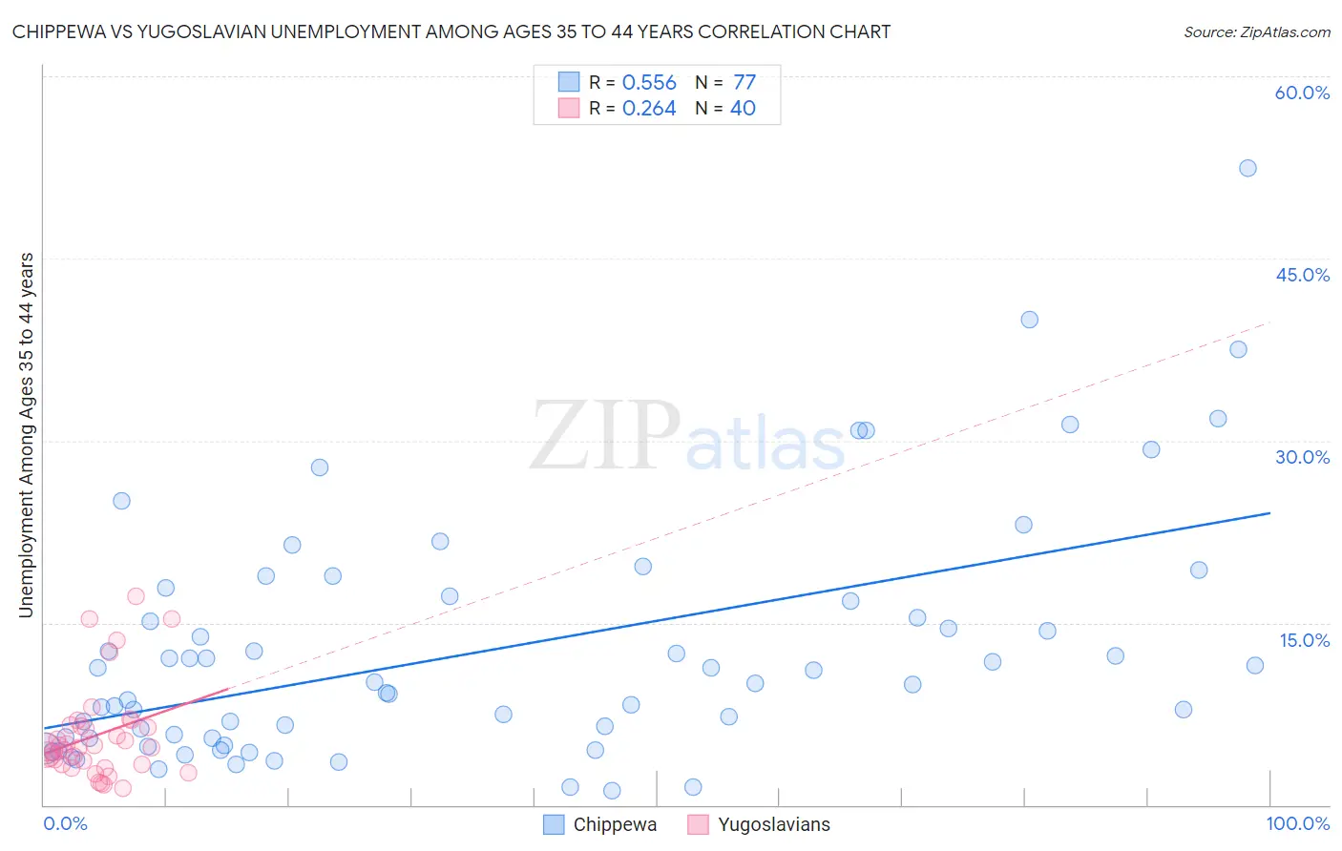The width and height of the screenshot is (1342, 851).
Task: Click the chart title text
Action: (x=451, y=31)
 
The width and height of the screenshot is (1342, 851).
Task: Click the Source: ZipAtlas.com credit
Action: (x=1256, y=31)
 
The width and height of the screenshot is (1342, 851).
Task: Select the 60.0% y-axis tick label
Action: (x=1302, y=93)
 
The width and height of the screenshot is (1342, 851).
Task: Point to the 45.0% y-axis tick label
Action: (x=1302, y=275)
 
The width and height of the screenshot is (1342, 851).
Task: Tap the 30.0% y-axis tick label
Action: (x=1302, y=457)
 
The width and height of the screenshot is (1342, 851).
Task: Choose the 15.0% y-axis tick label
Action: (x=1304, y=640)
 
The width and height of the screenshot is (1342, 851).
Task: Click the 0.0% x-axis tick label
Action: (x=66, y=823)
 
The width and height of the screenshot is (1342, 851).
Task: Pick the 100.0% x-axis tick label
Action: (x=1297, y=823)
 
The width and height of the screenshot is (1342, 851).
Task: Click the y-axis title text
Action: (x=26, y=435)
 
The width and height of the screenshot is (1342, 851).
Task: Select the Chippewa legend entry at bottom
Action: (x=600, y=824)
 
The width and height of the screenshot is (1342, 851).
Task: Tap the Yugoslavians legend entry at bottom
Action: (x=759, y=824)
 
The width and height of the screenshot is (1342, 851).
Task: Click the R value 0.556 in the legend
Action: (x=649, y=83)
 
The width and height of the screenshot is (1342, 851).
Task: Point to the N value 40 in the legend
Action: (x=743, y=109)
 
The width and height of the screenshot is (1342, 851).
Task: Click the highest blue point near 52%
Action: (x=1248, y=168)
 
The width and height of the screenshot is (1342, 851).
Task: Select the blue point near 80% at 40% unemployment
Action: (x=1029, y=320)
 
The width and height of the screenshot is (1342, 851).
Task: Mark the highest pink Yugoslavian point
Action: (x=136, y=596)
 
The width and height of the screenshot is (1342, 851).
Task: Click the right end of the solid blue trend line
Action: (x=1270, y=513)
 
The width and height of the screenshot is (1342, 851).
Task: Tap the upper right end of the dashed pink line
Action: (x=1270, y=322)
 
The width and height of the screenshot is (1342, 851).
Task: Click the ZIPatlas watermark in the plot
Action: (x=687, y=437)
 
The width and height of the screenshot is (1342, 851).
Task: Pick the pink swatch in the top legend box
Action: (x=569, y=109)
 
